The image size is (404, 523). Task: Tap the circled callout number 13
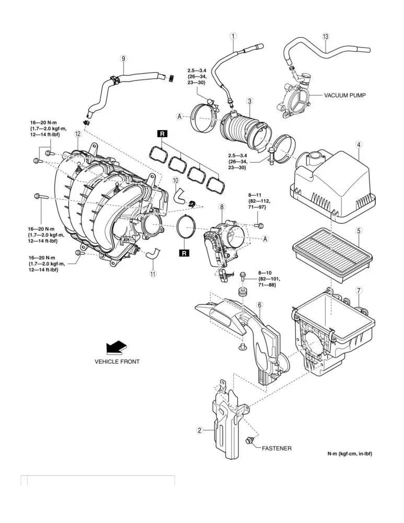click(x=326, y=37)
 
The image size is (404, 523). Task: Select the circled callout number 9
click(x=123, y=59)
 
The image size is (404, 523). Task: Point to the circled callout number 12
click(x=77, y=134)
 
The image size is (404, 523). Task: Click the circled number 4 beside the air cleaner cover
click(x=359, y=144)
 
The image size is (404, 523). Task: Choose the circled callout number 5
click(x=359, y=230)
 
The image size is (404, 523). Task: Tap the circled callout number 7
click(x=359, y=290)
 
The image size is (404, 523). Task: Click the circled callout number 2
click(x=199, y=431)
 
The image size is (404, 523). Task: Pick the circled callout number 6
click(x=260, y=305)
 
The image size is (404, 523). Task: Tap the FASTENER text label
click(x=276, y=448)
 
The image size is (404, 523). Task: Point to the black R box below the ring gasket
click(x=184, y=254)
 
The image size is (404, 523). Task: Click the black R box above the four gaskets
click(x=163, y=134)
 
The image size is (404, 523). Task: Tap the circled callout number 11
click(x=153, y=274)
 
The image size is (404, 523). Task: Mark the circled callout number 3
click(x=250, y=101)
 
